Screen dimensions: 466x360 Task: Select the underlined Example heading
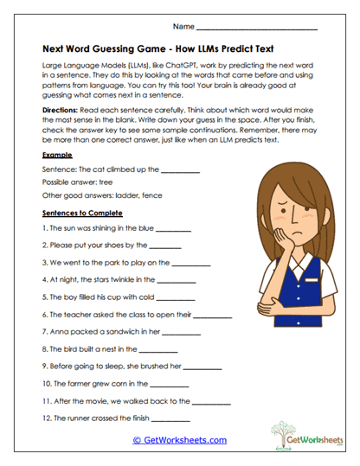tap(56, 154)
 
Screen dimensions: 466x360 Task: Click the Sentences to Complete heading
tap(82, 213)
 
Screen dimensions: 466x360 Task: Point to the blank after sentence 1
tap(173, 230)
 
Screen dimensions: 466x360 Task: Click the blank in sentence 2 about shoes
tap(165, 246)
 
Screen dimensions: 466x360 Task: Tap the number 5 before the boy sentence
tap(44, 297)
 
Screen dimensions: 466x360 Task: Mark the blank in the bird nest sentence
tap(158, 350)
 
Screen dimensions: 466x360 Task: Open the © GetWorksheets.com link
tap(179, 440)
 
